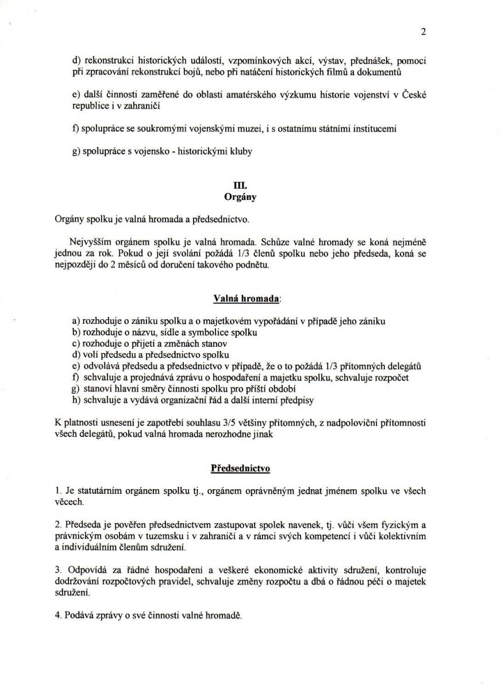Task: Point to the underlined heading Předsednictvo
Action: pyautogui.click(x=241, y=468)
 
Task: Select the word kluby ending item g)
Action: pyautogui.click(x=239, y=152)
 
